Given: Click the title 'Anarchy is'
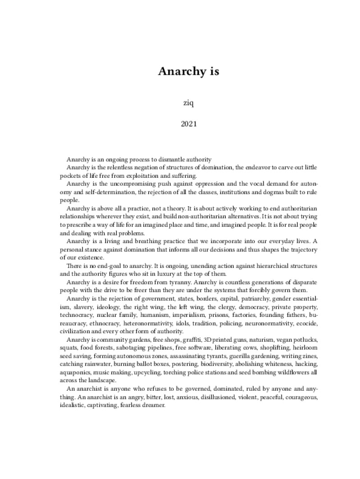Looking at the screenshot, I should pyautogui.click(x=188, y=72).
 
